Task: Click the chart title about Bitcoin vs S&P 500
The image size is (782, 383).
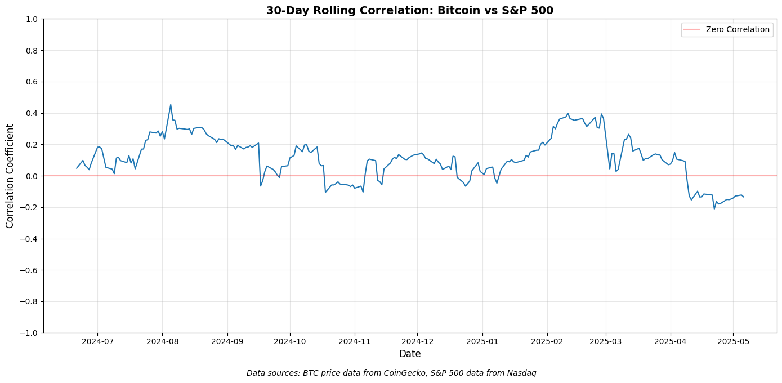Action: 410,10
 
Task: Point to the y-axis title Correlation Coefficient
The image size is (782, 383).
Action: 10,176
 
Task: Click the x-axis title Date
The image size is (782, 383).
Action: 410,354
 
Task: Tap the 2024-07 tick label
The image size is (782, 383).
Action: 97,341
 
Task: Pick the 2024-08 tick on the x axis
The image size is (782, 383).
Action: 162,341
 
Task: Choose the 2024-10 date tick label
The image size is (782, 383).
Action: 290,341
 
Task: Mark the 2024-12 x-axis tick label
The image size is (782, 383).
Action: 417,341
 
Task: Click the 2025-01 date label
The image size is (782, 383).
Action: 482,341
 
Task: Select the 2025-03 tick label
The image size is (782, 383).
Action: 606,341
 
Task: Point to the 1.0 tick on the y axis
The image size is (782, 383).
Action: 32,19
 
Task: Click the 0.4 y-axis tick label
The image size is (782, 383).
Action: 32,113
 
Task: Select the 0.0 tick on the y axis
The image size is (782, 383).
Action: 32,176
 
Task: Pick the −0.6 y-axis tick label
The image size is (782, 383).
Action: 29,270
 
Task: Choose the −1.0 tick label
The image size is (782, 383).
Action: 29,333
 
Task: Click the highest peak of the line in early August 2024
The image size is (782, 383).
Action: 171,105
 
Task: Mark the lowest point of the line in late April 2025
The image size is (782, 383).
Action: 714,209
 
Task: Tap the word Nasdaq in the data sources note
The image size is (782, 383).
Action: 521,373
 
